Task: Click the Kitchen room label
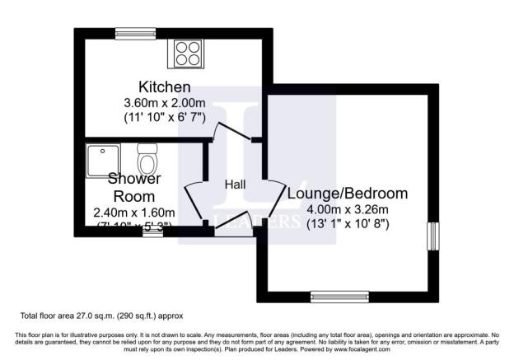pyautogui.click(x=165, y=86)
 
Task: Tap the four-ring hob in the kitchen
pyautogui.click(x=186, y=54)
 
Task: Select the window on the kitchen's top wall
pyautogui.click(x=135, y=33)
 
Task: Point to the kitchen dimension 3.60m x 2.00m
pyautogui.click(x=165, y=102)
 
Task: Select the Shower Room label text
pyautogui.click(x=133, y=187)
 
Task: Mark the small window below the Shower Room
pyautogui.click(x=152, y=231)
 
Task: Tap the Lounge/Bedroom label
pyautogui.click(x=347, y=194)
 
